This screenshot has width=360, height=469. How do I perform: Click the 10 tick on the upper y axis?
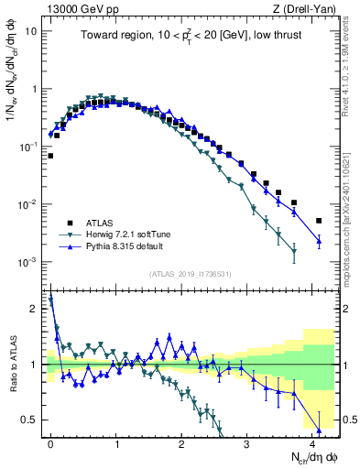pos(35,30)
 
